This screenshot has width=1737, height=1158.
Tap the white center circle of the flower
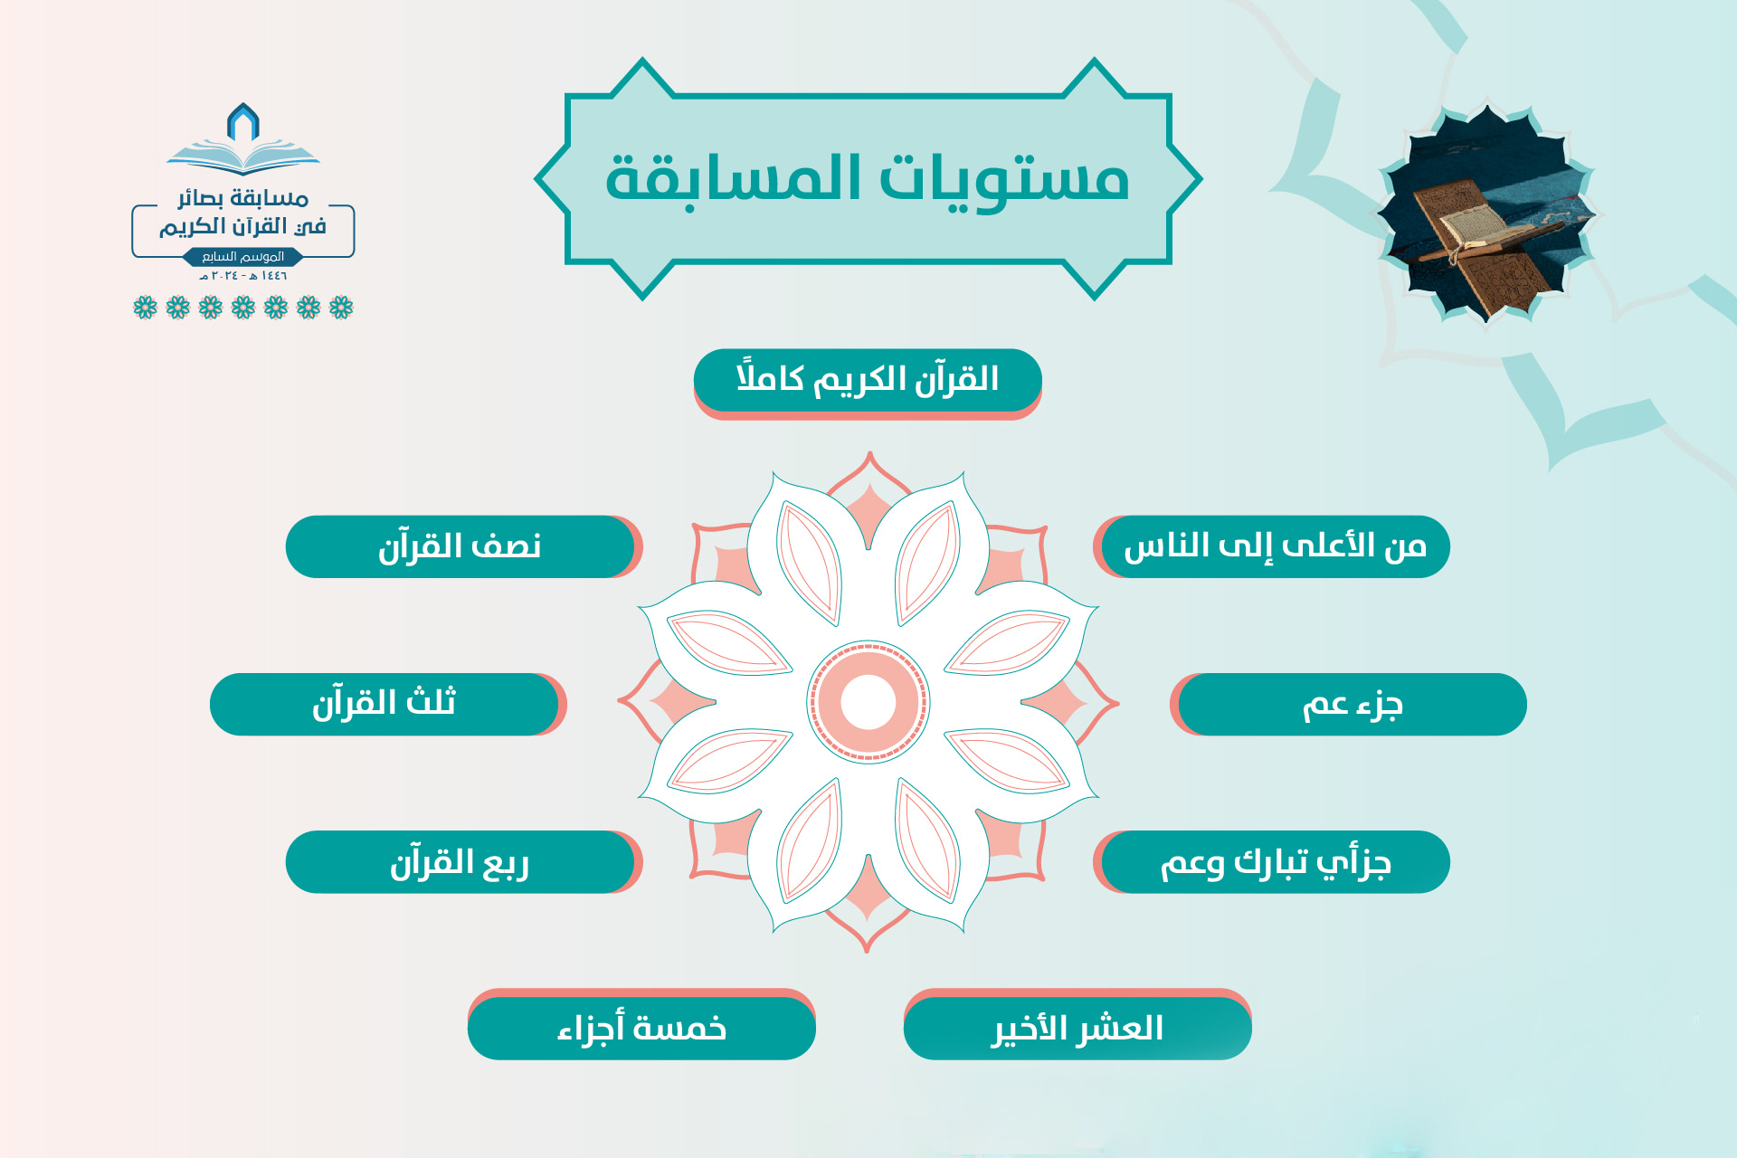point(868,702)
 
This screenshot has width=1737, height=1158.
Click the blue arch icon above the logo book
point(243,122)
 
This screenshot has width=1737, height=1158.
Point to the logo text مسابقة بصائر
point(243,197)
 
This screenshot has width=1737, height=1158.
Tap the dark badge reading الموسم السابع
point(243,257)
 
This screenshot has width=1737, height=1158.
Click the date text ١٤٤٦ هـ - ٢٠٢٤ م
point(243,276)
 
